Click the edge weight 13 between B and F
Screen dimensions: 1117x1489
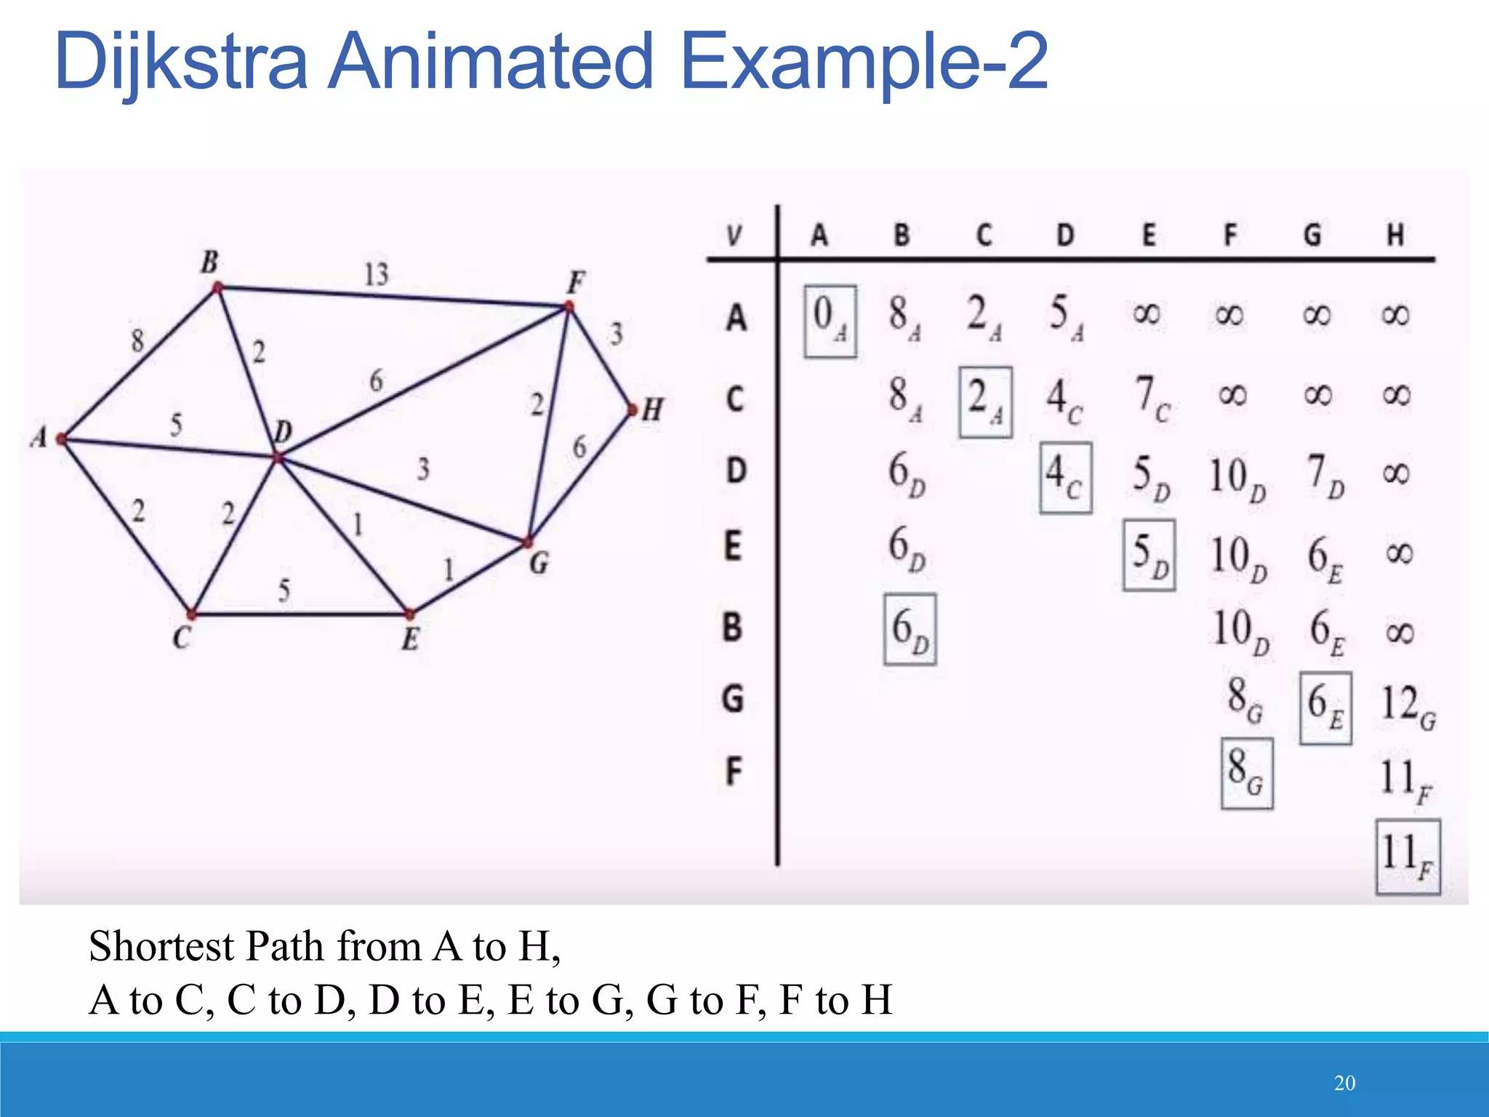[377, 275]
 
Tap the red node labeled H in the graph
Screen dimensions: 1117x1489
[633, 410]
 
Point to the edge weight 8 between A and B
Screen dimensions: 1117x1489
[137, 340]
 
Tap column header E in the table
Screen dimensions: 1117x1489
[1148, 235]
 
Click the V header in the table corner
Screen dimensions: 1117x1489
[734, 236]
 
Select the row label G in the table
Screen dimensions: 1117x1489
[733, 699]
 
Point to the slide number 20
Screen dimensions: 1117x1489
[1344, 1083]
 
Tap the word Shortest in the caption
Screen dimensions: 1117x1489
[161, 946]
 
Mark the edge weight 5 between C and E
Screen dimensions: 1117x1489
[284, 590]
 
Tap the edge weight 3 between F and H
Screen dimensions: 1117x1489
[616, 334]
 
